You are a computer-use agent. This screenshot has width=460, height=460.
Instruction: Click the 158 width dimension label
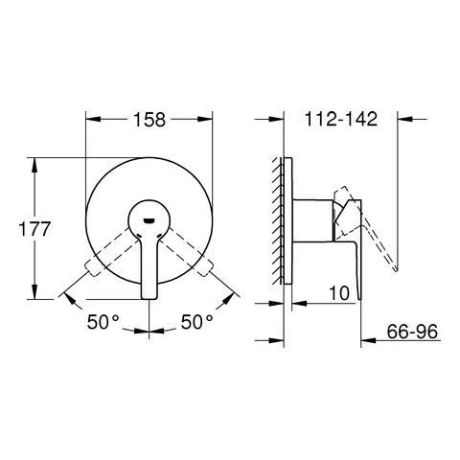[x=149, y=119]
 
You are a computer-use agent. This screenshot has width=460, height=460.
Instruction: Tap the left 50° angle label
[x=106, y=322]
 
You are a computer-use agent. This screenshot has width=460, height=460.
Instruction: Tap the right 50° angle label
[x=195, y=322]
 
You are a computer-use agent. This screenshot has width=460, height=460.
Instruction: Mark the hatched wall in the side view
[x=280, y=219]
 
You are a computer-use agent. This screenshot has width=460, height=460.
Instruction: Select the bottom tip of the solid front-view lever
[x=149, y=296]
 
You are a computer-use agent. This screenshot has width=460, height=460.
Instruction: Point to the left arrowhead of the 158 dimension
[x=90, y=119]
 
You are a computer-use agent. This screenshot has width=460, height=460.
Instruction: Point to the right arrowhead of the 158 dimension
[x=205, y=119]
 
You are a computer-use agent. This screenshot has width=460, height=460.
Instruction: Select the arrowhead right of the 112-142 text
[x=402, y=119]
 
